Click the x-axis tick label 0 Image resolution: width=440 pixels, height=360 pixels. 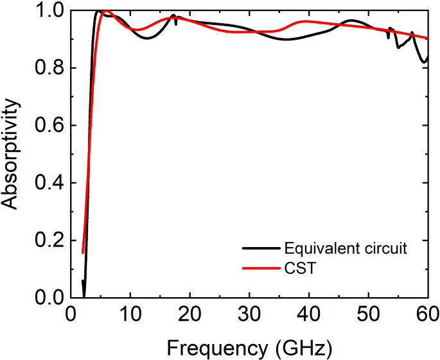click(x=71, y=315)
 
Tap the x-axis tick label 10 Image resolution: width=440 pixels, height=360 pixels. click(x=130, y=315)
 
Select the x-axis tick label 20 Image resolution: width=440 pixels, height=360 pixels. click(x=190, y=315)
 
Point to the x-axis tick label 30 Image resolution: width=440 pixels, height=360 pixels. click(x=249, y=315)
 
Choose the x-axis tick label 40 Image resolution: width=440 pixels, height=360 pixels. click(x=309, y=315)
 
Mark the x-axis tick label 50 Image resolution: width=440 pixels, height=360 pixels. click(x=368, y=315)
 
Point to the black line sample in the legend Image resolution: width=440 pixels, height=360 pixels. click(x=259, y=248)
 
